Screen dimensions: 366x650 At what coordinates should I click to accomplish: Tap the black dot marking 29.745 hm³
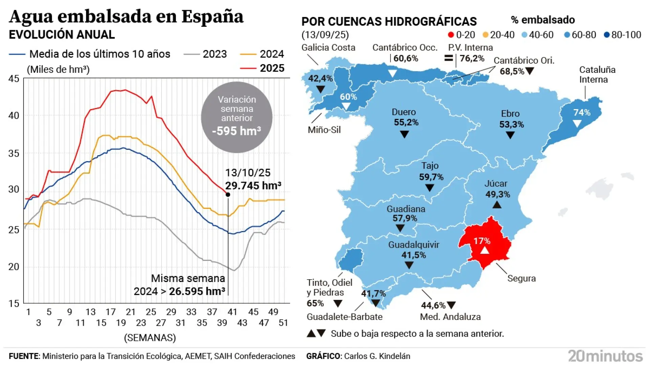[228, 195]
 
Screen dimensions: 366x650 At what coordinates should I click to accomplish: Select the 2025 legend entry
[263, 68]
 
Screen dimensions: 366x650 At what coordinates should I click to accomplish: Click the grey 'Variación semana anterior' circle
[237, 117]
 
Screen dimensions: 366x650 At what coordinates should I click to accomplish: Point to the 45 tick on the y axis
[14, 79]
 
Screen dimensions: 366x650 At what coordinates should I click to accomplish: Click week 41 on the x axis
[232, 312]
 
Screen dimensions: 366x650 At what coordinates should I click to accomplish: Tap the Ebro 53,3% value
[511, 124]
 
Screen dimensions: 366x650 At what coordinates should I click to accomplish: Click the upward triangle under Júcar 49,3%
[497, 205]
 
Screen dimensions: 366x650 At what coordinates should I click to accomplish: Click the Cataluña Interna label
[597, 75]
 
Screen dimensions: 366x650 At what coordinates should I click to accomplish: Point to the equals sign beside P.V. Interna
[449, 58]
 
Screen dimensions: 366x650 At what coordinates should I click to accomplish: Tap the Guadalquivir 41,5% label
[413, 250]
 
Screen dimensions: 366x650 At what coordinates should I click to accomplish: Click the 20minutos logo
[605, 356]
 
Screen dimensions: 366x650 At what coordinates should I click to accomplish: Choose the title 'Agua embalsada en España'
[126, 16]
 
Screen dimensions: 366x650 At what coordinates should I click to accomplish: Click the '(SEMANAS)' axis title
[150, 338]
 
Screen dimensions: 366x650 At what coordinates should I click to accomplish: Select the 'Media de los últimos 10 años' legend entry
[90, 54]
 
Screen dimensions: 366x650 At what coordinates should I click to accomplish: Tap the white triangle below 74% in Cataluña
[577, 124]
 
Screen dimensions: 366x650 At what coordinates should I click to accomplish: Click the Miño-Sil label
[324, 130]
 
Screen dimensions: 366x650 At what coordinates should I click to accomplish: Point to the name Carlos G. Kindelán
[377, 356]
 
